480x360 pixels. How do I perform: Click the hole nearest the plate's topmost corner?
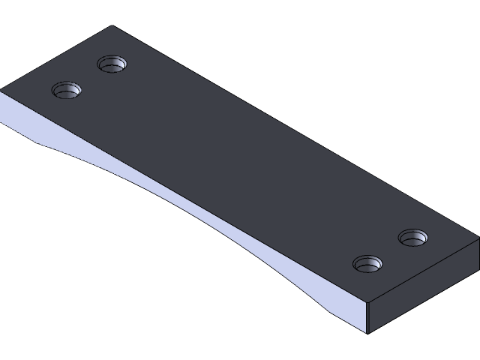point(112,64)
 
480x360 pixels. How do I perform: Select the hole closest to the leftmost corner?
point(66,91)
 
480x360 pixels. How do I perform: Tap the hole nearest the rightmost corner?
point(412,238)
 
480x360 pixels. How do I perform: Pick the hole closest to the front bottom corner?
point(367,264)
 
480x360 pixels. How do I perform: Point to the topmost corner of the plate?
point(112,26)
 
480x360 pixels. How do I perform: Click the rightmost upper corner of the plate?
point(478,241)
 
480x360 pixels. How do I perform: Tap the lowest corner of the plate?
point(367,334)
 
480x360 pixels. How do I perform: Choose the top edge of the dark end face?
point(424,271)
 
